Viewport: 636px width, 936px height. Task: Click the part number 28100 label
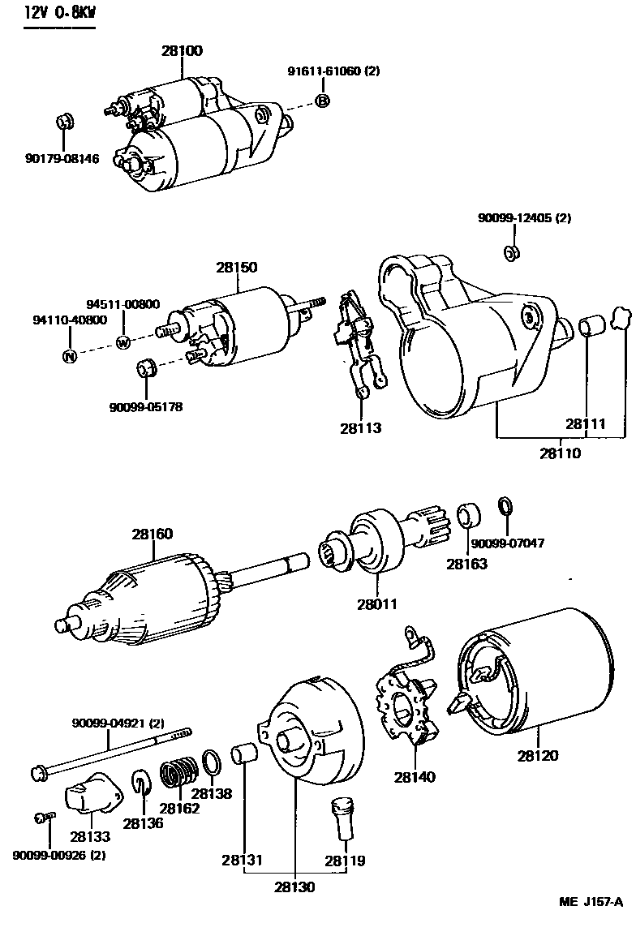[182, 50]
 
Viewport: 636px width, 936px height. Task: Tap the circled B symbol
[322, 101]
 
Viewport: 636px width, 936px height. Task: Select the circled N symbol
[70, 356]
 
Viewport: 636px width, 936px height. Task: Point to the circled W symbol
[123, 341]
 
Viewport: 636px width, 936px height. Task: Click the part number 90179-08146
[62, 159]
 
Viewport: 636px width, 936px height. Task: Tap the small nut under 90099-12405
[511, 251]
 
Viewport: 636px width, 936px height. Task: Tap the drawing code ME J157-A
[591, 902]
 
